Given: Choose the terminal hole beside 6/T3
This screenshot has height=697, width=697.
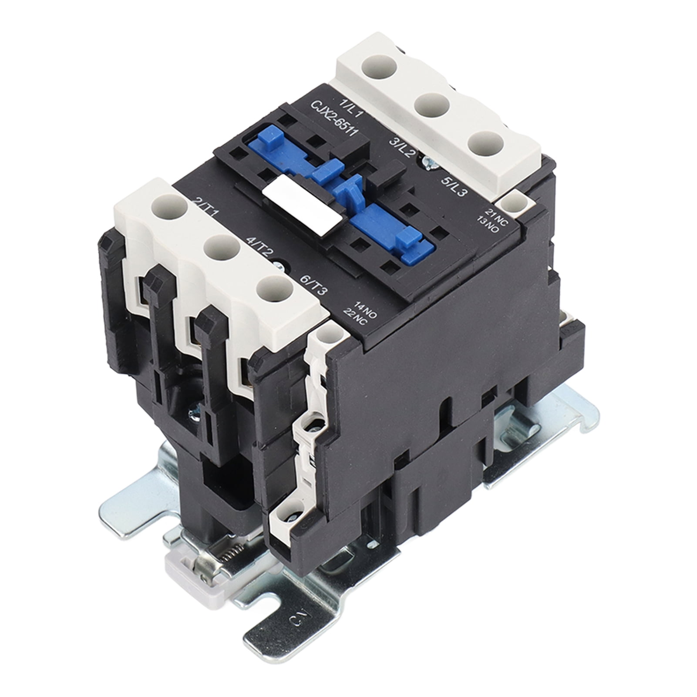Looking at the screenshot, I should [x=275, y=289].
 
